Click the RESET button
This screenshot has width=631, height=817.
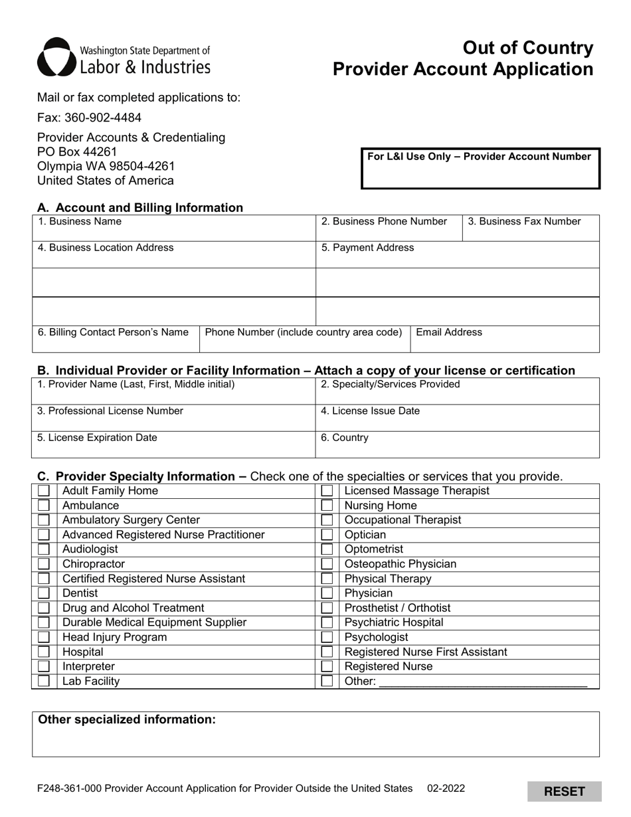tap(565, 791)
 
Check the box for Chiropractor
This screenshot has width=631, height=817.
tap(44, 564)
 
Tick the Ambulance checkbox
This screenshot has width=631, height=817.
tap(44, 505)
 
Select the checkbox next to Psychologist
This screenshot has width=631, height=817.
tap(327, 637)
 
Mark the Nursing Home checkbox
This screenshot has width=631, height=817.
tap(327, 505)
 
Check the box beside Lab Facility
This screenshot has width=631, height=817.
tap(44, 681)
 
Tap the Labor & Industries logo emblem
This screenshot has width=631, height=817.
tap(55, 56)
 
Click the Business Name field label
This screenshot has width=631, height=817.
tap(80, 221)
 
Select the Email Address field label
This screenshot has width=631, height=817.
tap(449, 332)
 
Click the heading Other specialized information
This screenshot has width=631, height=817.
tap(127, 719)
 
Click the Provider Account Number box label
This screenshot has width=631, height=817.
tap(479, 157)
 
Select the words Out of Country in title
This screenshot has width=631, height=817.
tap(527, 48)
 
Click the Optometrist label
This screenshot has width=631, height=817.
tap(374, 549)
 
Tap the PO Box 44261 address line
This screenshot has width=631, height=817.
tap(77, 152)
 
